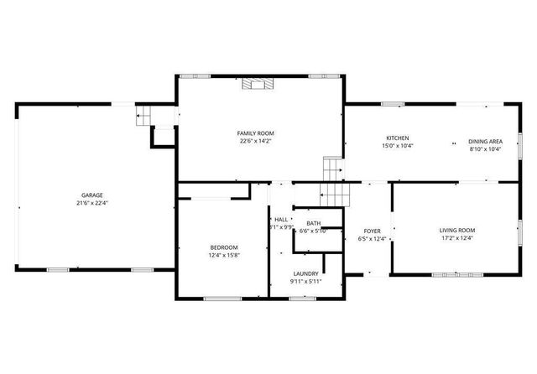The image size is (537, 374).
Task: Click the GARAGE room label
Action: click(92, 195)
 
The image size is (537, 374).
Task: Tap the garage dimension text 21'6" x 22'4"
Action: click(92, 203)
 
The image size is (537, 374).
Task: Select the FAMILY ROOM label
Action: click(255, 133)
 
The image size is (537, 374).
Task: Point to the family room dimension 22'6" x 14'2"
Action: click(255, 142)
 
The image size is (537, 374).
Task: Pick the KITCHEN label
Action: click(397, 138)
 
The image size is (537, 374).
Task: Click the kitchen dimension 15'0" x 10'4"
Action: click(397, 146)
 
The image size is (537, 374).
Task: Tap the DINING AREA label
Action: click(485, 141)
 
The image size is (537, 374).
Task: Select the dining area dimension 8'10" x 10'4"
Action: click(485, 149)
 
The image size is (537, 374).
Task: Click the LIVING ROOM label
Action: click(457, 230)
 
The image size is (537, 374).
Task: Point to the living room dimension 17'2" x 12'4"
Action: click(457, 238)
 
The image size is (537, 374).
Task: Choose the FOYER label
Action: click(373, 231)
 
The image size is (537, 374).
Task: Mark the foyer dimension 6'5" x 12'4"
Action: click(373, 239)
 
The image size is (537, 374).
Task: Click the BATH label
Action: click(314, 222)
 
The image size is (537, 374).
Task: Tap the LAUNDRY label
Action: click(305, 273)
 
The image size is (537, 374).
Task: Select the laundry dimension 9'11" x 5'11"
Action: click(305, 282)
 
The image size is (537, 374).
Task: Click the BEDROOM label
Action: click(224, 247)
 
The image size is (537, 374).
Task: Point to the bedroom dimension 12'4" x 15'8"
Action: click(224, 255)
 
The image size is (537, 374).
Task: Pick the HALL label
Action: click(281, 219)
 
